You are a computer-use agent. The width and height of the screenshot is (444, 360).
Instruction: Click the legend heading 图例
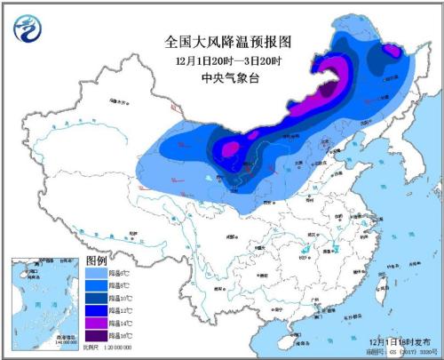coord(97,260)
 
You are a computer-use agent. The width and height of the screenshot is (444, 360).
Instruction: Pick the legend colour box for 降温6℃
coord(95,273)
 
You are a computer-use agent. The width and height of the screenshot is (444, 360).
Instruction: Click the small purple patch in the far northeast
coord(392,55)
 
